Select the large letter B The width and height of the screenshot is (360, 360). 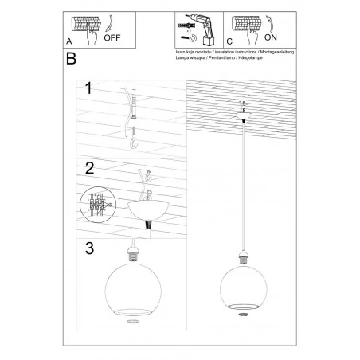(x=72, y=59)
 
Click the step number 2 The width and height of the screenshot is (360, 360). (x=89, y=169)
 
